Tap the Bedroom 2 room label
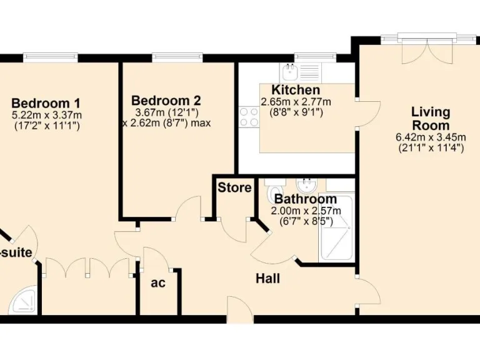pos(166,101)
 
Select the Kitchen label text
pos(296,91)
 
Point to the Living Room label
pos(431,119)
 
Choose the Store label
pos(234,187)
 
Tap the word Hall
pos(267,279)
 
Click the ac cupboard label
pos(158,282)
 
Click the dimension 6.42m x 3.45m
pos(431,137)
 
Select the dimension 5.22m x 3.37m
pos(46,115)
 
